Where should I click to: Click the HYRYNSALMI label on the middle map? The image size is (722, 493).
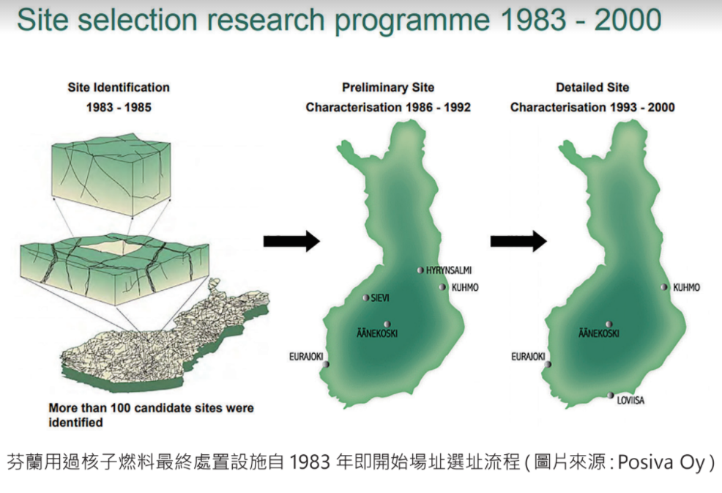click(448, 270)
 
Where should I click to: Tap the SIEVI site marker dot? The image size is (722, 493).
click(365, 298)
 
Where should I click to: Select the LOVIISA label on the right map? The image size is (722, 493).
click(630, 401)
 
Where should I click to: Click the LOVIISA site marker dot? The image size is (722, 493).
click(610, 396)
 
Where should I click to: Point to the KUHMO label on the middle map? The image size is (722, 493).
click(464, 287)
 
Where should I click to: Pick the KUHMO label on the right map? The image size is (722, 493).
click(686, 287)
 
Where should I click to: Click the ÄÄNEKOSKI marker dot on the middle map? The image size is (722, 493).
click(387, 325)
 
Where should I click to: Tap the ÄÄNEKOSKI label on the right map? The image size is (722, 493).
click(598, 333)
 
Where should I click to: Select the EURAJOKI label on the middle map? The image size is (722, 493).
click(306, 357)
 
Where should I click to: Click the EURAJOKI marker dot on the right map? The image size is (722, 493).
click(548, 365)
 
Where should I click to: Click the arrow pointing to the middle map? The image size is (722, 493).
click(291, 241)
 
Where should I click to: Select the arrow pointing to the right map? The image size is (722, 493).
click(518, 241)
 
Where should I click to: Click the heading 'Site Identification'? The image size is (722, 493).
click(119, 88)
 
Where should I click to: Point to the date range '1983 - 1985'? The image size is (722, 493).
click(119, 108)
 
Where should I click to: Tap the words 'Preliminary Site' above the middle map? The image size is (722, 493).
click(388, 88)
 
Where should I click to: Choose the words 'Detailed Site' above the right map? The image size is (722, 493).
click(592, 88)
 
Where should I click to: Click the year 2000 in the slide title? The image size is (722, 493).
click(628, 20)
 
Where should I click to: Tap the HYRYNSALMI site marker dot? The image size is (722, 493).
click(420, 270)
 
